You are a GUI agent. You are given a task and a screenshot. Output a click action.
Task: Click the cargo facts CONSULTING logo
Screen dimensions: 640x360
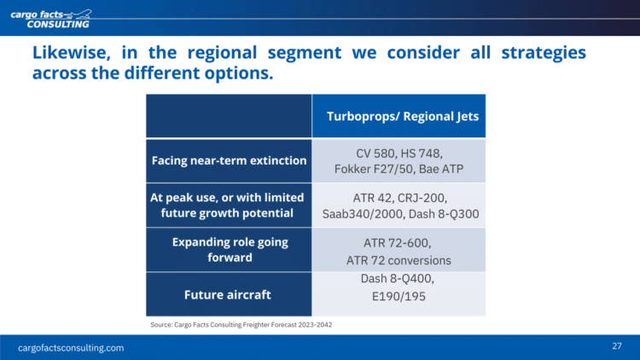tap(51, 19)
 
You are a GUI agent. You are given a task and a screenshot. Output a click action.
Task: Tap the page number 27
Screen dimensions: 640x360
tap(617, 346)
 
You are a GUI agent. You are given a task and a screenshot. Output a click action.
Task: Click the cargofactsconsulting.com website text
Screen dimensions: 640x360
tap(71, 348)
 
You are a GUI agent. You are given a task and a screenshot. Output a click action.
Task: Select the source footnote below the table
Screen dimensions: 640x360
tap(241, 325)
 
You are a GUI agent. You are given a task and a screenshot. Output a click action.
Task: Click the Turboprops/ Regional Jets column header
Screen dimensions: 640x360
tap(403, 116)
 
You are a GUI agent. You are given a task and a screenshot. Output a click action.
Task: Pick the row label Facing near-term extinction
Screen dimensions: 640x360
tap(229, 160)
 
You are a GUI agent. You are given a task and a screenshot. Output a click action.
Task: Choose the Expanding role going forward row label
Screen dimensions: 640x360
tap(230, 250)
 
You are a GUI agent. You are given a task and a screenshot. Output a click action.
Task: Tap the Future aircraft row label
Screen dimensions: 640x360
tap(227, 294)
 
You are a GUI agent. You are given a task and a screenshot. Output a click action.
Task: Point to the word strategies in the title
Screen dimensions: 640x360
tap(544, 53)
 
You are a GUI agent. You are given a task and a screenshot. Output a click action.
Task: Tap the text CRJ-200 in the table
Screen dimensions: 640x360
tap(422, 198)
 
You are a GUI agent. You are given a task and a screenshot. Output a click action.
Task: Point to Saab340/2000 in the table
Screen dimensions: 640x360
tap(364, 214)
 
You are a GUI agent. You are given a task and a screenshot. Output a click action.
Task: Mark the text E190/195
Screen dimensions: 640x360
tap(399, 296)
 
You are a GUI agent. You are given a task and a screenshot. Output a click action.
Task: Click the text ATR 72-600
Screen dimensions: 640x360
tap(397, 243)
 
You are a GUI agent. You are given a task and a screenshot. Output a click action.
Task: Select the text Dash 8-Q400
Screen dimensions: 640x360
tap(397, 279)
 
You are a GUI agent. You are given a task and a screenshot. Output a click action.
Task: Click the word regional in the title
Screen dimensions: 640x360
tap(222, 53)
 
